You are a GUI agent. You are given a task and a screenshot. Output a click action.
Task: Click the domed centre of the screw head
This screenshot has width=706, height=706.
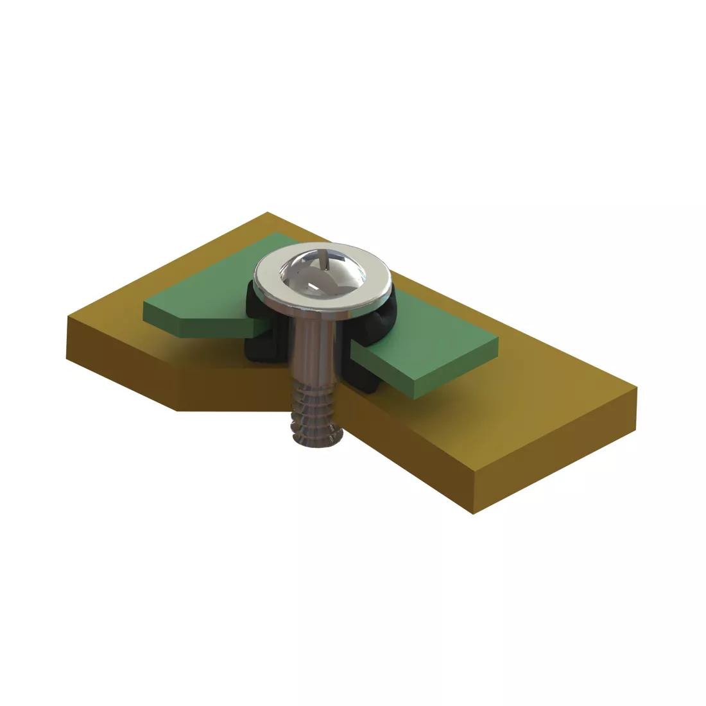(x=322, y=273)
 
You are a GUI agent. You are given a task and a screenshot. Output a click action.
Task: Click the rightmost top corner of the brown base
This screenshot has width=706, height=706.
(x=637, y=387)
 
